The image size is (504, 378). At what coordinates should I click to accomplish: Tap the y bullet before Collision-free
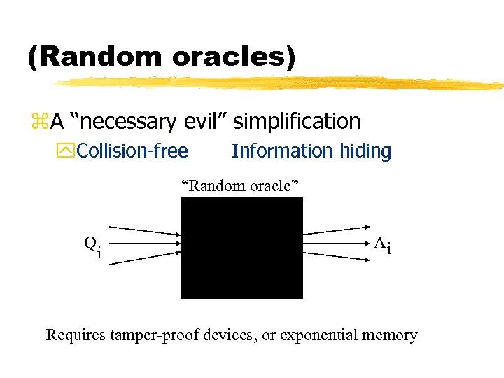[69, 151]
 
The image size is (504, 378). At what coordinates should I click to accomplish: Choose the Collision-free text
[132, 150]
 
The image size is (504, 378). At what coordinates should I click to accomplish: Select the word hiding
[365, 150]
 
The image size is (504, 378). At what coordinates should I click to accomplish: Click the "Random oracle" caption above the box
[240, 185]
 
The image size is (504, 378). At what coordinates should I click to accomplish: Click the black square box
[241, 248]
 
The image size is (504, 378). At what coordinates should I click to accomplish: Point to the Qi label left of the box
[92, 246]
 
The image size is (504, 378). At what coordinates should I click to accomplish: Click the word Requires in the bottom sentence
[76, 335]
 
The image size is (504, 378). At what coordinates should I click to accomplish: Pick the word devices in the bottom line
[230, 335]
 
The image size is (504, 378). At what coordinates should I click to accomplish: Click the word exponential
[319, 336]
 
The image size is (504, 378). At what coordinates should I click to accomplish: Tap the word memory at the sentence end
[389, 336]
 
